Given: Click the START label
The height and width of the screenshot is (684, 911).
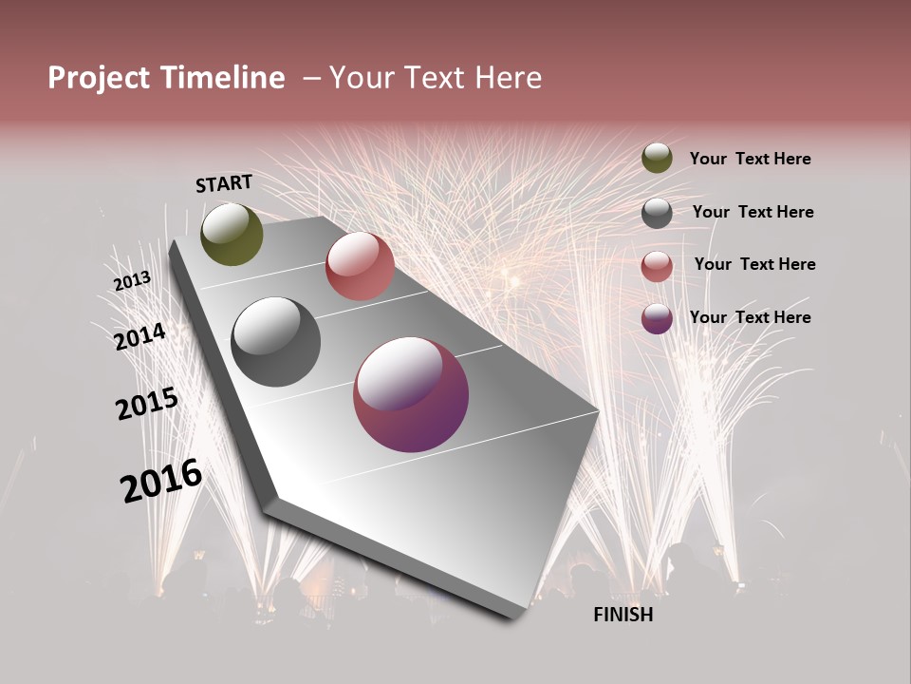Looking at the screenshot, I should (x=224, y=183).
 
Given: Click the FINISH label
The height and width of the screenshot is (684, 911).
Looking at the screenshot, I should (x=623, y=615).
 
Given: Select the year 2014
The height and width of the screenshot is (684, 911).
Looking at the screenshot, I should (x=140, y=336).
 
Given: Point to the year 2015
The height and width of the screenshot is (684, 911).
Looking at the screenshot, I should (x=147, y=405).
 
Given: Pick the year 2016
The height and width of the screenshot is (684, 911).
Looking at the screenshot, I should (x=161, y=481).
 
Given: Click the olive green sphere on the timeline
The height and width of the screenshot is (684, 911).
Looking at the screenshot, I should (x=232, y=234).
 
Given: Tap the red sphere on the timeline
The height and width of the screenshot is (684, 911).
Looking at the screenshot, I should (x=360, y=266).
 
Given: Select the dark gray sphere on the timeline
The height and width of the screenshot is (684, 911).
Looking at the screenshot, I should (x=275, y=342).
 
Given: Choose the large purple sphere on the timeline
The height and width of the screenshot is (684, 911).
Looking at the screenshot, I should (x=411, y=395).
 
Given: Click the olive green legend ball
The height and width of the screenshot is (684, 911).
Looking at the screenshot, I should (x=657, y=158).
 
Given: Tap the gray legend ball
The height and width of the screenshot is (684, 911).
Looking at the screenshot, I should (x=657, y=213).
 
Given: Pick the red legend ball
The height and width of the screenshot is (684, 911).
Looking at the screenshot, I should (x=657, y=266).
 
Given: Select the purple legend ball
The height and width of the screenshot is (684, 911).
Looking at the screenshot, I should (x=657, y=318).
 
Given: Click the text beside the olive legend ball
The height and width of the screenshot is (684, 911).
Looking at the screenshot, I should (x=750, y=160).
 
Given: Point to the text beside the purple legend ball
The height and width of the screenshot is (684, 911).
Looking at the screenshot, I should (x=750, y=317).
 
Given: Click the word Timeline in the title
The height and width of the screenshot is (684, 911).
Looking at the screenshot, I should (x=225, y=78).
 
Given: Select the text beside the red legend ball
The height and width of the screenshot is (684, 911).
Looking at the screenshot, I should (x=754, y=264).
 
